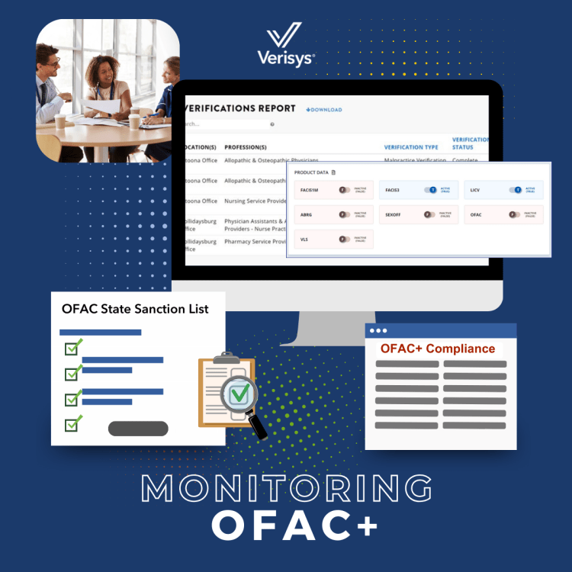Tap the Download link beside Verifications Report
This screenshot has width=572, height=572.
324,110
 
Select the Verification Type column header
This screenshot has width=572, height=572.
411,146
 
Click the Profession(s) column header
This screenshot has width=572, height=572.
246,146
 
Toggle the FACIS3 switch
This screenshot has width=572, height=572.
431,190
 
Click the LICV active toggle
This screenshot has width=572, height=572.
516,190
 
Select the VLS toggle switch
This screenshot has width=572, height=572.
345,239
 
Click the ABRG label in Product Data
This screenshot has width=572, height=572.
306,215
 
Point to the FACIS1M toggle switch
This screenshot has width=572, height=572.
345,190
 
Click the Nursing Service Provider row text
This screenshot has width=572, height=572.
255,201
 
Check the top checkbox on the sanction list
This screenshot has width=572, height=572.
72,349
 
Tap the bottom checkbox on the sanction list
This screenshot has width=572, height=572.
72,423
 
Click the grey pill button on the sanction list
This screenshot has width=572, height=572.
138,429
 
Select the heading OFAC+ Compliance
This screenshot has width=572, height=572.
437,349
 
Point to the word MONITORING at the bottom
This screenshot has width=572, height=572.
286,489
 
